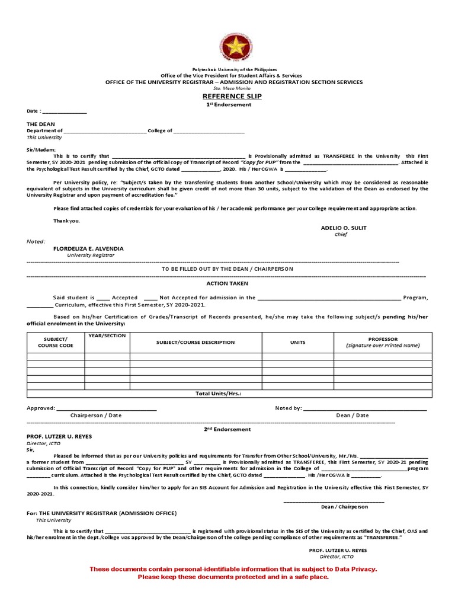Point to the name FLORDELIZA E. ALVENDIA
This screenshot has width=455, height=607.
click(x=88, y=248)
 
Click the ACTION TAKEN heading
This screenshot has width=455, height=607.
click(x=227, y=283)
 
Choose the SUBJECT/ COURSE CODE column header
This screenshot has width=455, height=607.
click(x=55, y=342)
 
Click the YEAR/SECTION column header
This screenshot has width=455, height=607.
click(x=107, y=336)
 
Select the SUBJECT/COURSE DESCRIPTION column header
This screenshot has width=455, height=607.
click(x=196, y=342)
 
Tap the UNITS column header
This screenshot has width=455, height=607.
click(x=297, y=342)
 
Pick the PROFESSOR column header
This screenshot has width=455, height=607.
click(x=383, y=339)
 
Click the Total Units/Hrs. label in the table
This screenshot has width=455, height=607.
click(x=219, y=394)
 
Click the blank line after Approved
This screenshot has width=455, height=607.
click(x=107, y=409)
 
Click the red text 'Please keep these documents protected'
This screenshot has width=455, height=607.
click(x=233, y=577)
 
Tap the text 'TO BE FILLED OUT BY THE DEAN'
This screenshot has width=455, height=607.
click(x=227, y=269)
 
